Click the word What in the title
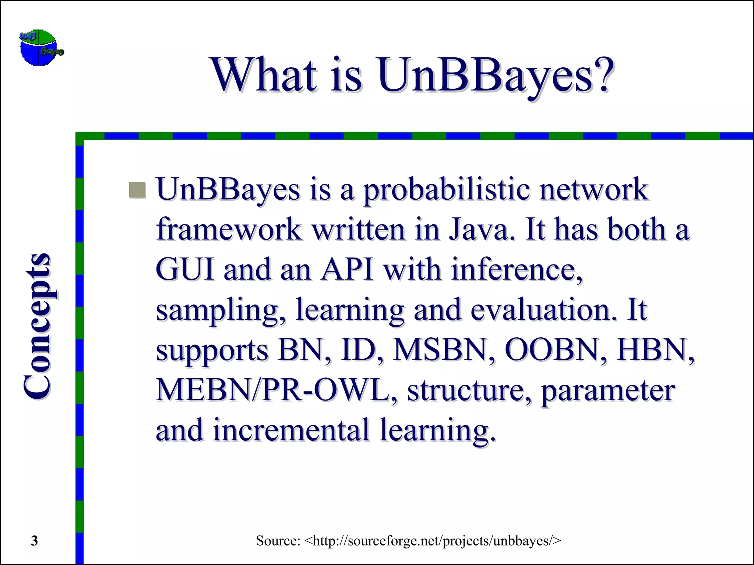click(264, 75)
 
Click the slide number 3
click(34, 541)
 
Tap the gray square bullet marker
click(138, 190)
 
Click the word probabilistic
click(447, 190)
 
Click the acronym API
click(347, 270)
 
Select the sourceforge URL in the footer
click(433, 541)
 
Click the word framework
click(229, 230)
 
